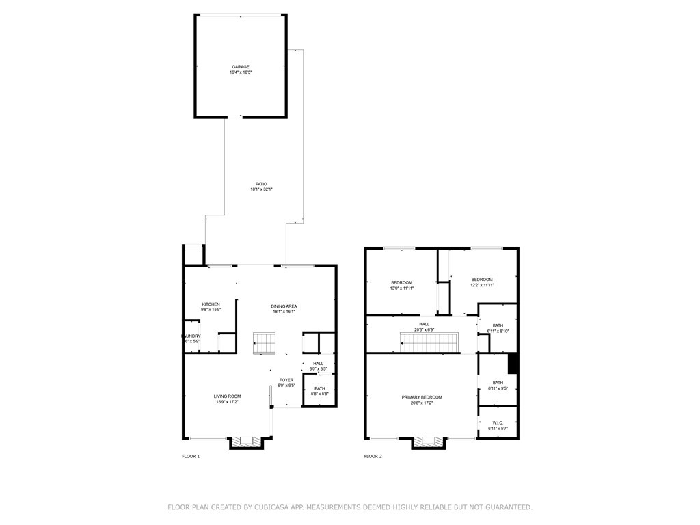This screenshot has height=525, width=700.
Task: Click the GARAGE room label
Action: (x=239, y=67)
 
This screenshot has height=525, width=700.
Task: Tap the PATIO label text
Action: (x=261, y=184)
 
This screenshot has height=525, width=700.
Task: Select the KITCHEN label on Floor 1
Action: (x=211, y=304)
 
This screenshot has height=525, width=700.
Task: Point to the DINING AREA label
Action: (x=284, y=306)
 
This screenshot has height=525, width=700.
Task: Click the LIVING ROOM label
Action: (x=227, y=396)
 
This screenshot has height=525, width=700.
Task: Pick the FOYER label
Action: (x=286, y=380)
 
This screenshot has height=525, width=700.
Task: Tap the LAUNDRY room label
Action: (x=191, y=336)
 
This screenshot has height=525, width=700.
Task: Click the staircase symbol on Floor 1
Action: (x=264, y=343)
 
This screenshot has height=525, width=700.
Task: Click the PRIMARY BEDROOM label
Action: (x=421, y=397)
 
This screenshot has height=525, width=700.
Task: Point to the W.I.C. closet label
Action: (x=498, y=423)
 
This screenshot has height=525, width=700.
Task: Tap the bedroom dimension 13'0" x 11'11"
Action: (x=402, y=288)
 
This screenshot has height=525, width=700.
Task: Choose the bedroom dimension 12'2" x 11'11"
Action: (x=481, y=285)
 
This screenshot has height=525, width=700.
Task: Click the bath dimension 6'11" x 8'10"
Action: (x=498, y=332)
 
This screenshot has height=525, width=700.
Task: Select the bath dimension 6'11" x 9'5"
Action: (x=498, y=388)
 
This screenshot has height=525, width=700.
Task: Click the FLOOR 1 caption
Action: (x=191, y=456)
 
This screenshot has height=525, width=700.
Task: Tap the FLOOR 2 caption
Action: (x=373, y=456)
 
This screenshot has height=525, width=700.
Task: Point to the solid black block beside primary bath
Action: (x=513, y=364)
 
